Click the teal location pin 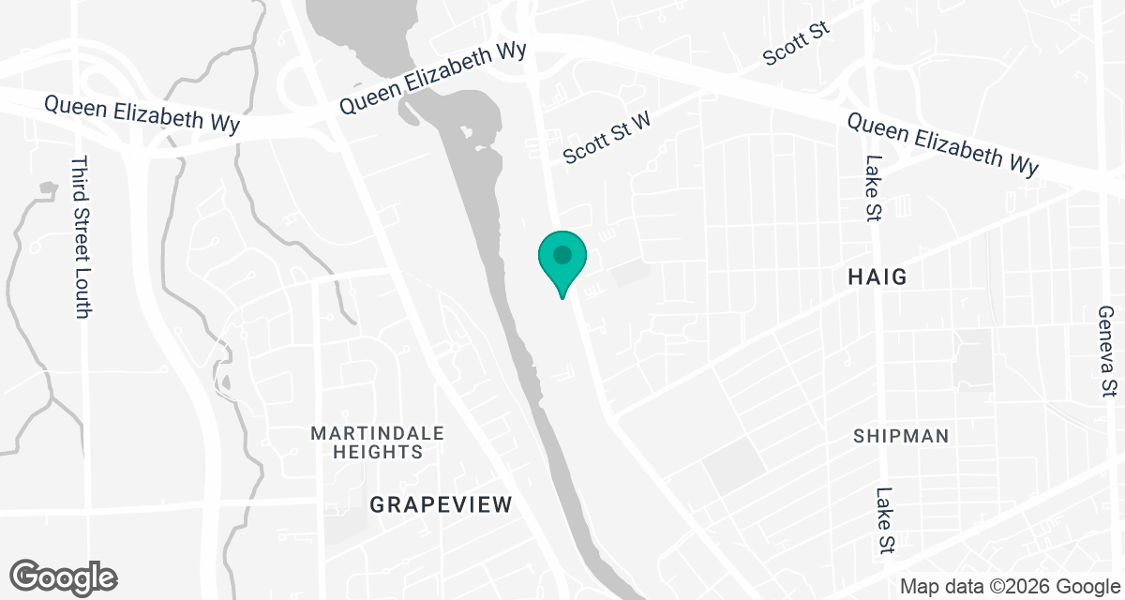562,262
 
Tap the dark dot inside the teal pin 562,254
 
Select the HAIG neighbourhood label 878,277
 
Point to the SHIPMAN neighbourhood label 901,436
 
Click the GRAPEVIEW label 442,504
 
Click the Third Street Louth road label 80,236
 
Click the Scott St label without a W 797,44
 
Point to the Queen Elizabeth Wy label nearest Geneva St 943,144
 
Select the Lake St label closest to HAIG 874,188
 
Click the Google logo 64,577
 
